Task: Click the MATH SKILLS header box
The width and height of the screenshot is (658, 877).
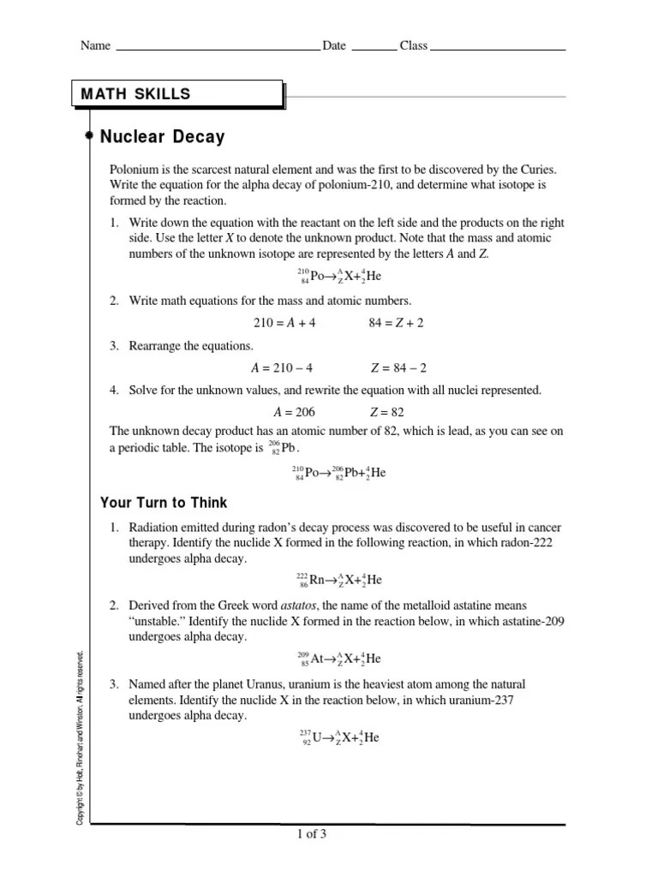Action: tap(176, 94)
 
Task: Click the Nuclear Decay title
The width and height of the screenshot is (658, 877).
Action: tap(162, 136)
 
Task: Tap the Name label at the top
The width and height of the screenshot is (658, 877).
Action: tap(95, 46)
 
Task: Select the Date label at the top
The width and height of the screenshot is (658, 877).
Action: tap(334, 46)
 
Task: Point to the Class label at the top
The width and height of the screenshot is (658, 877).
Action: tap(413, 46)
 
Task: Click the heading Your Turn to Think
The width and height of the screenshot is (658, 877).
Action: tap(164, 503)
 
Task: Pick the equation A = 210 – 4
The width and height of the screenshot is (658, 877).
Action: tap(282, 368)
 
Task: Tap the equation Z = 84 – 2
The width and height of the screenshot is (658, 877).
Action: tap(398, 368)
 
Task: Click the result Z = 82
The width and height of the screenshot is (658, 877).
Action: tap(386, 412)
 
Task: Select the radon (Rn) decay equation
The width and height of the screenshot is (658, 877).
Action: tap(338, 580)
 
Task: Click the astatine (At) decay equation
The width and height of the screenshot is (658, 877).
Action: tap(338, 659)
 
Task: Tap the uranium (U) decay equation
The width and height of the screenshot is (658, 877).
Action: tap(338, 737)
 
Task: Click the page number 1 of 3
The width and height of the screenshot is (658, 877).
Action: tap(311, 835)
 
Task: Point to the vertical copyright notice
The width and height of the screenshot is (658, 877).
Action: tap(80, 737)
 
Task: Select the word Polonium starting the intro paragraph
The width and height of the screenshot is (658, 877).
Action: tap(134, 170)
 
